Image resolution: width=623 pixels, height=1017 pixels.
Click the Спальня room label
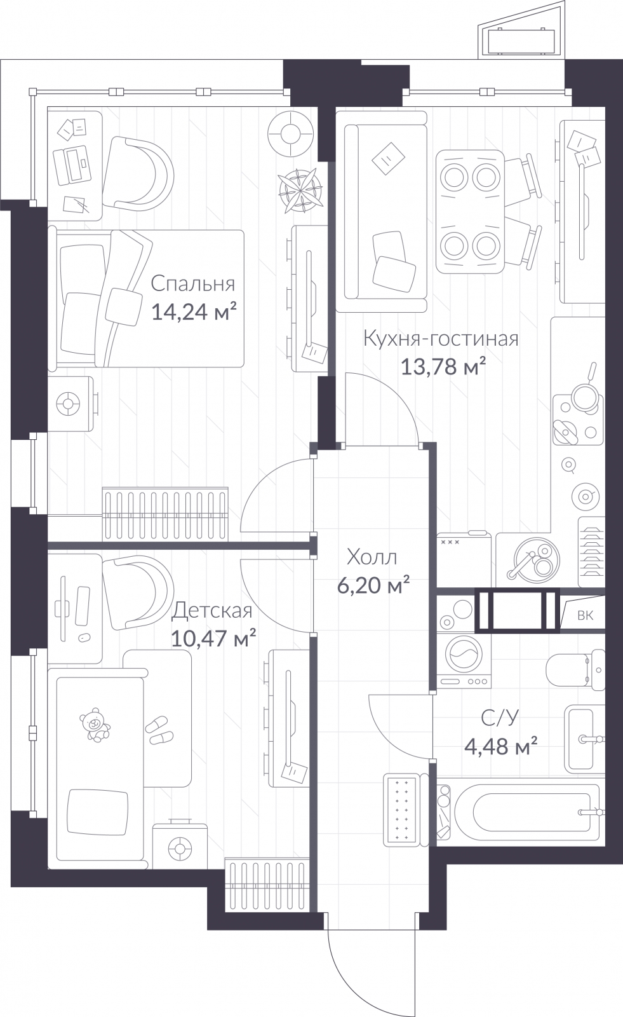193,283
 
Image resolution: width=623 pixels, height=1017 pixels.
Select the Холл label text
372,557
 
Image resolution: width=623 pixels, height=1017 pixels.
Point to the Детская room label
212,611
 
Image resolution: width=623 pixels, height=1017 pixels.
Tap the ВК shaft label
586,615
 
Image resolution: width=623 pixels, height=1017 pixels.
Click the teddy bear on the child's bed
94,725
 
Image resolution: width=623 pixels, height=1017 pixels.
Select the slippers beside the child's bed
159,731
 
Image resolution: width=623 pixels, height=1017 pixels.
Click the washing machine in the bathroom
464,659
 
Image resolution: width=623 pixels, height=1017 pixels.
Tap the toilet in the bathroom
577,668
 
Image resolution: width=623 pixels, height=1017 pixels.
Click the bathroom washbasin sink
583,739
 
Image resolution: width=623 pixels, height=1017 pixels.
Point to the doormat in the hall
401,809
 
